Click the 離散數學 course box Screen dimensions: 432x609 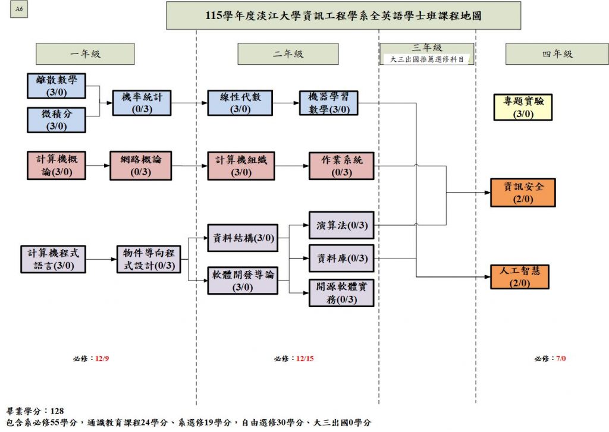coord(56,86)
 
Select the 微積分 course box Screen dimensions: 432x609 coord(56,119)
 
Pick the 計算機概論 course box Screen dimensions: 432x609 coord(56,165)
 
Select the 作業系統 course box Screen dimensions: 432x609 coord(341,165)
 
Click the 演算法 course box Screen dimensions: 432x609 coord(341,225)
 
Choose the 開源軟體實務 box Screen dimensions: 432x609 coord(341,292)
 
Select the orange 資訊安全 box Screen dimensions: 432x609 coord(523,192)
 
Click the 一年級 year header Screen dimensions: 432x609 coord(86,54)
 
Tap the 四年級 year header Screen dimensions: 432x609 coord(557,54)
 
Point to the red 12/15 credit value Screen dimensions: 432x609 coord(304,358)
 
